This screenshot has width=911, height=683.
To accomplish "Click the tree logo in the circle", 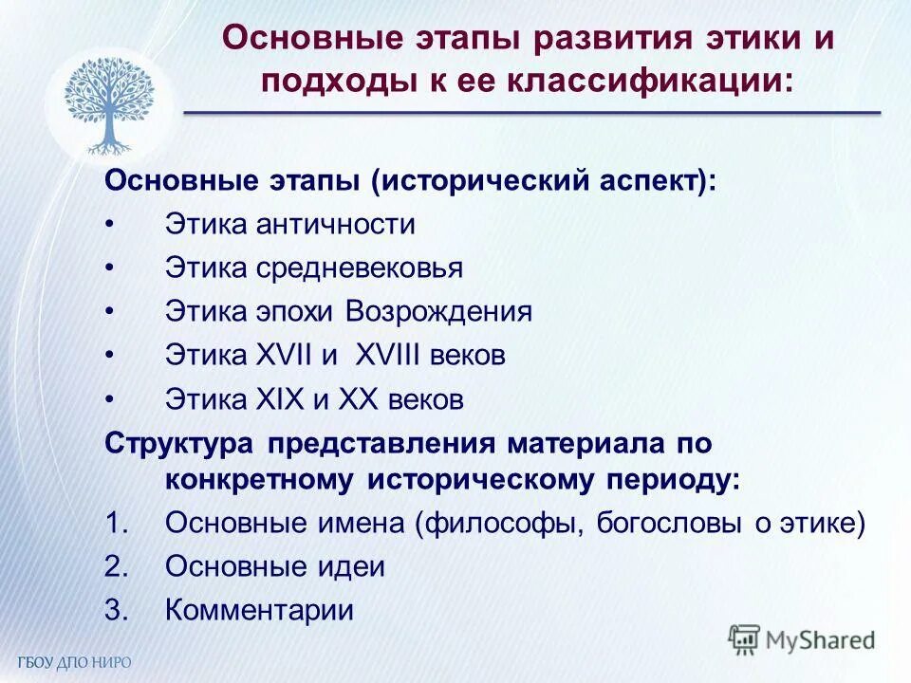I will click(108, 104).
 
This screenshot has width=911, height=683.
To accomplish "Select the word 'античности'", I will click(336, 225).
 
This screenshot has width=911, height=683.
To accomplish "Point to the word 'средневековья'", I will click(359, 268).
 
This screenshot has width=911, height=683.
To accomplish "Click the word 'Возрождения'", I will click(438, 312).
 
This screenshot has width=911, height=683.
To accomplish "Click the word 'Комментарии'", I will click(259, 610).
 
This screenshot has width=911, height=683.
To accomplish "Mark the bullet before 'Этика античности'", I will click(111, 226).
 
